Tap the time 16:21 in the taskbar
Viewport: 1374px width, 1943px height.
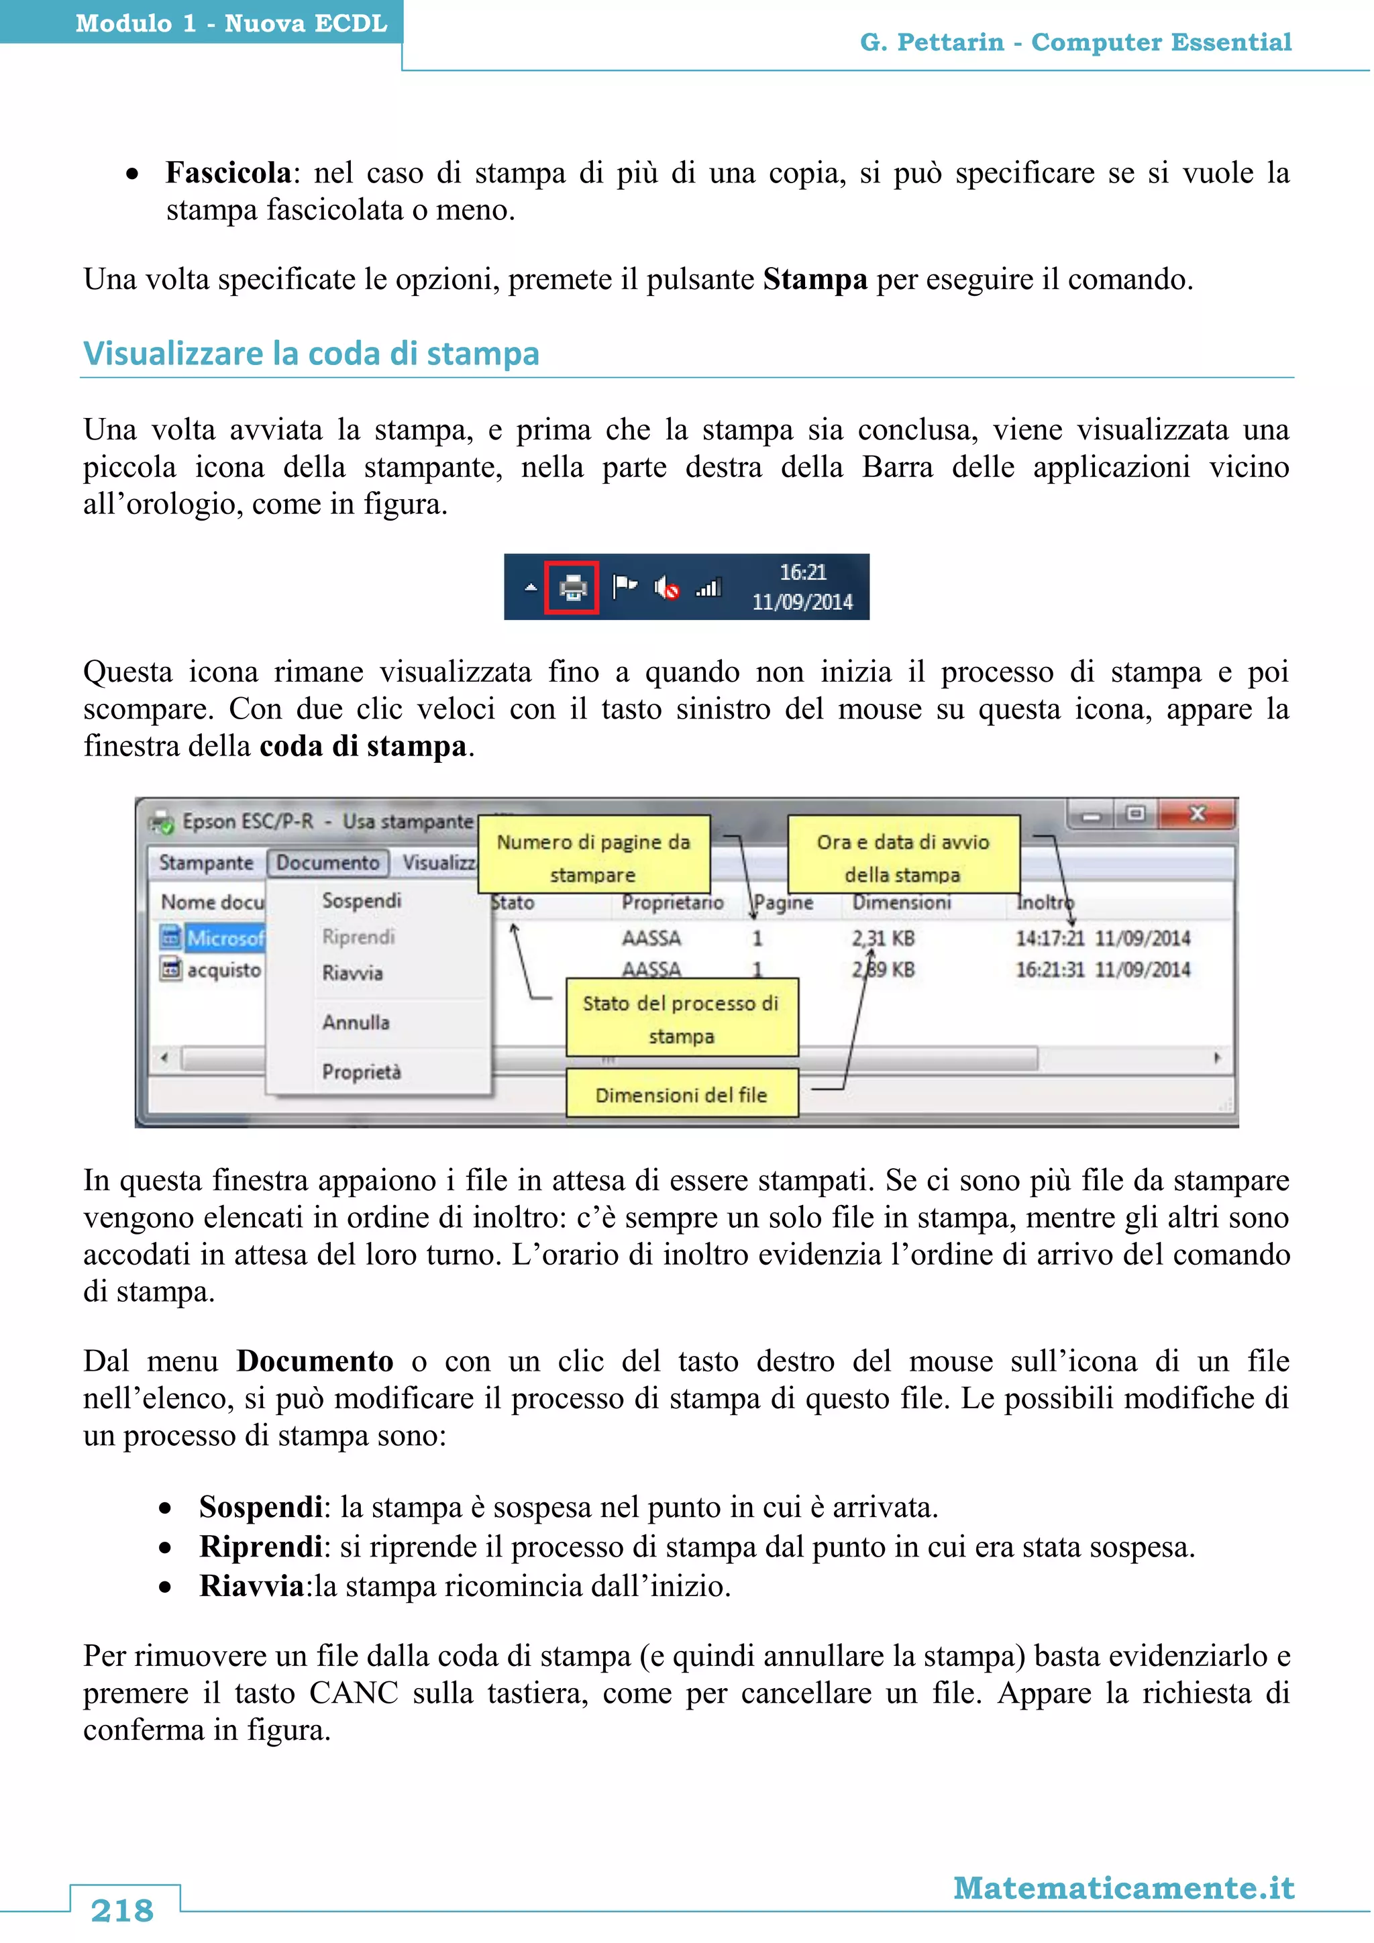coord(802,573)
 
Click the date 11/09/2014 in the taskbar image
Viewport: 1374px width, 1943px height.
coord(802,602)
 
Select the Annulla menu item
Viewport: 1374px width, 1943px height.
coord(356,1022)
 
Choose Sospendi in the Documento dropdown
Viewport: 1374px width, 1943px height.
coord(361,900)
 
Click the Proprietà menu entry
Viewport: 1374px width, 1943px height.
coord(361,1072)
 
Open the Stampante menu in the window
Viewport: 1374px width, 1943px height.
coord(205,862)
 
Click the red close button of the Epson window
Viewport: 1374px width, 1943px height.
coord(1196,814)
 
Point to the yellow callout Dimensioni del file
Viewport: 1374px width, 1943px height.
coord(681,1094)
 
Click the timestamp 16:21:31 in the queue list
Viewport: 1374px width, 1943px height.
coord(1049,969)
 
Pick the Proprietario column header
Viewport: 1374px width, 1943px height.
coord(673,903)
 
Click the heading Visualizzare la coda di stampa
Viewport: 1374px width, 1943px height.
coord(311,354)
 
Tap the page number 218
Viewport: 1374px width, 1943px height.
coord(123,1911)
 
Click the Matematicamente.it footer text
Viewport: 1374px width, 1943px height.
coord(1124,1888)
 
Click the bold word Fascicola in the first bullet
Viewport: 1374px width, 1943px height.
coord(228,172)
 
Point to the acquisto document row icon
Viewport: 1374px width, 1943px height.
coord(171,969)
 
